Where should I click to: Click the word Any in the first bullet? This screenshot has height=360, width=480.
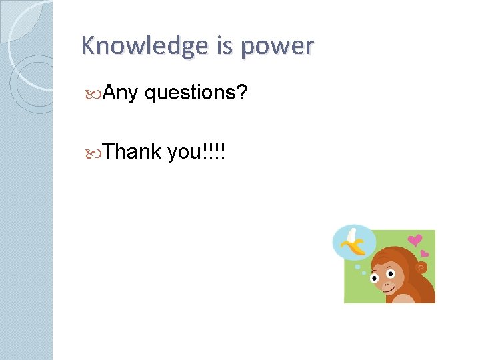(121, 94)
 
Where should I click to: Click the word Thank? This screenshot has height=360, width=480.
(133, 151)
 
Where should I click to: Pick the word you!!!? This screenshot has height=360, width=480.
(197, 152)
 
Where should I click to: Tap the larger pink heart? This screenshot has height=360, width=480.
(415, 240)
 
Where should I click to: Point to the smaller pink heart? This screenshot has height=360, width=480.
(425, 253)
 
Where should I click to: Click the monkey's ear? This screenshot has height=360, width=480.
(421, 267)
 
